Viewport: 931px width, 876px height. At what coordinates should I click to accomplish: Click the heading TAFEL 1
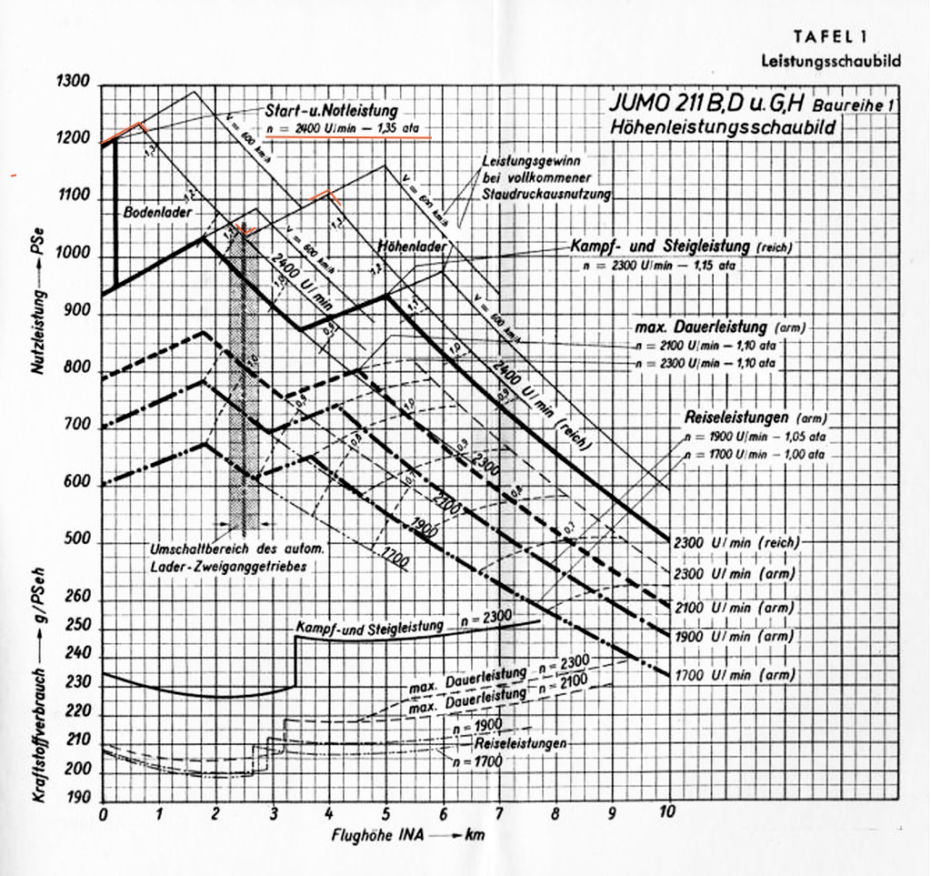tap(829, 37)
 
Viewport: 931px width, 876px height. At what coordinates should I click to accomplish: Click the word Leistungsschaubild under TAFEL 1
tap(830, 61)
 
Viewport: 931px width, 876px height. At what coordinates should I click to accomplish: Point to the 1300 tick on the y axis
tap(73, 82)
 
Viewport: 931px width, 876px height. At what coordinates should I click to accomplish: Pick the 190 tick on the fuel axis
tap(77, 798)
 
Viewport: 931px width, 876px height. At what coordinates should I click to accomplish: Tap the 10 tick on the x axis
tap(669, 812)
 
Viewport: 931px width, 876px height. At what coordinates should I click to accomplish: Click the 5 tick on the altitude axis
tap(386, 812)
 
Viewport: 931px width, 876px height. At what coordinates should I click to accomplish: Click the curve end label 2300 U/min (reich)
tap(736, 542)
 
